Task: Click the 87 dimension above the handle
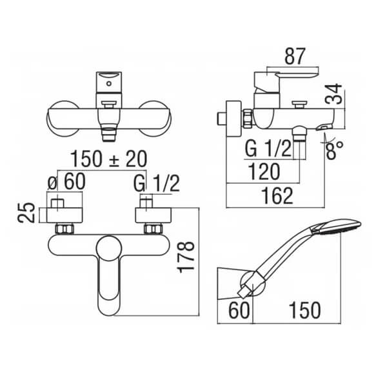tap(295, 56)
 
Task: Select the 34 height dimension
tap(333, 94)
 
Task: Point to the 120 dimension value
tap(264, 172)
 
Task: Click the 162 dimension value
tap(277, 196)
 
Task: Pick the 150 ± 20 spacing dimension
tap(109, 159)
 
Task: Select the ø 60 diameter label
tap(66, 182)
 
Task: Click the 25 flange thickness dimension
tap(26, 212)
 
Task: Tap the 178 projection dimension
tap(186, 257)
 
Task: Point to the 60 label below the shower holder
tap(239, 310)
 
